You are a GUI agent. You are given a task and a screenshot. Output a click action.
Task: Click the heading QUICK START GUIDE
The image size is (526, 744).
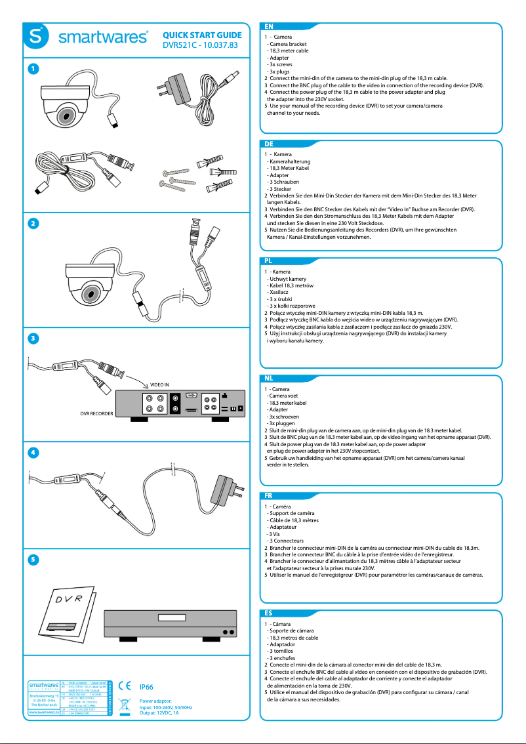[202, 35]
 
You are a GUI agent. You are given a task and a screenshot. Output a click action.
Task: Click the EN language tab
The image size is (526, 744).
[269, 26]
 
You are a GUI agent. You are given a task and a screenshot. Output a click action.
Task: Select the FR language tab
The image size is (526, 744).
[269, 495]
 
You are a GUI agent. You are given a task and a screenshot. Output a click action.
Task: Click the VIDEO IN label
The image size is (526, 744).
[159, 384]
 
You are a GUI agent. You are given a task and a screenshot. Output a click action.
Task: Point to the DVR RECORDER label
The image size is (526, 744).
[96, 414]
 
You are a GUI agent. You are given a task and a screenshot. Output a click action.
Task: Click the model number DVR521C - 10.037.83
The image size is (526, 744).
[200, 46]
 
